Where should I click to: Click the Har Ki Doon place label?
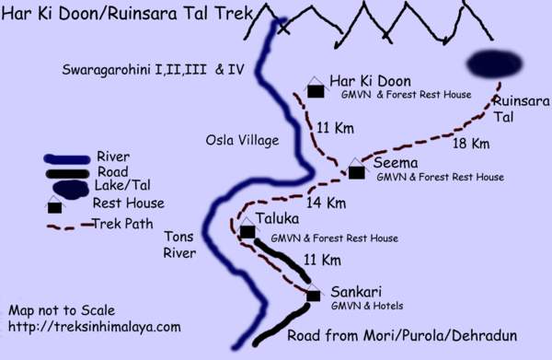click(x=370, y=81)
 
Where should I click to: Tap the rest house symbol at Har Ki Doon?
click(x=316, y=90)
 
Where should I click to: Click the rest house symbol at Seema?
click(x=357, y=171)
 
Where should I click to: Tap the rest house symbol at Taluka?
click(x=247, y=232)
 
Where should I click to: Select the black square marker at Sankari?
click(x=314, y=296)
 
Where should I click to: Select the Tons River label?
click(x=179, y=244)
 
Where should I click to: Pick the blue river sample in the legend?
click(x=69, y=157)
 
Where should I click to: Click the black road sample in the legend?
click(x=69, y=171)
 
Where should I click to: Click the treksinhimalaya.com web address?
click(x=95, y=326)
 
